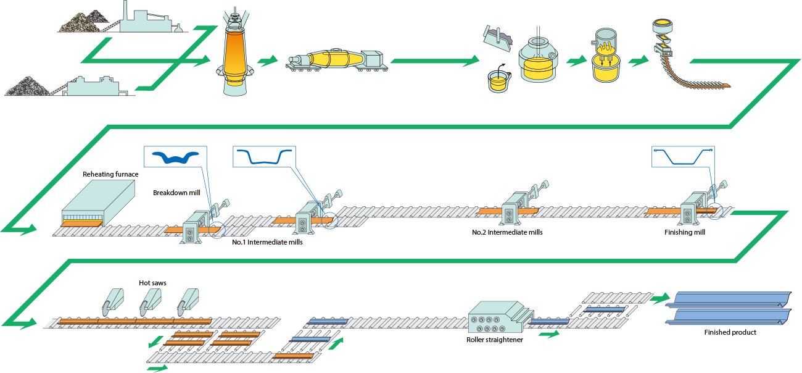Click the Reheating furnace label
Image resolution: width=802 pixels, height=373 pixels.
coord(110,174)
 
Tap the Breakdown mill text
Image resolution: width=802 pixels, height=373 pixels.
coord(176,193)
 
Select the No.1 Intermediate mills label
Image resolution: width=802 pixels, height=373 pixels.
coord(267,243)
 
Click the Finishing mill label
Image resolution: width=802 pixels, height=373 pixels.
coord(685,233)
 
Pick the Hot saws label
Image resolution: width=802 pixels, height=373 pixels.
coord(152,283)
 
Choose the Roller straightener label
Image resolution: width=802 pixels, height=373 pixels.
coord(495,339)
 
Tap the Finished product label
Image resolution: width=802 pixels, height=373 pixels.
coord(730,332)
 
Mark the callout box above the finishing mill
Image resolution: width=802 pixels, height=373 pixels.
coord(684,157)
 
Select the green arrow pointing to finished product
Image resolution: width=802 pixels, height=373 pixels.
coord(660,299)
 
